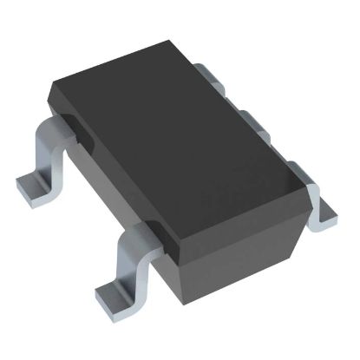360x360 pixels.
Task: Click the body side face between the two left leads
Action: coord(104,187)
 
